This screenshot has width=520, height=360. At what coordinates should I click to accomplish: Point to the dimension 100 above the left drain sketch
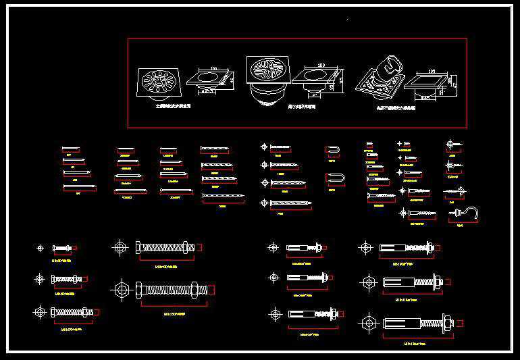pyautogui.click(x=213, y=68)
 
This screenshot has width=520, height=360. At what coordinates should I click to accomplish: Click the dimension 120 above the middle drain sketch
pyautogui.click(x=321, y=66)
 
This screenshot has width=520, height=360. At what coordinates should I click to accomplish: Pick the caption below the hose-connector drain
pyautogui.click(x=396, y=107)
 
